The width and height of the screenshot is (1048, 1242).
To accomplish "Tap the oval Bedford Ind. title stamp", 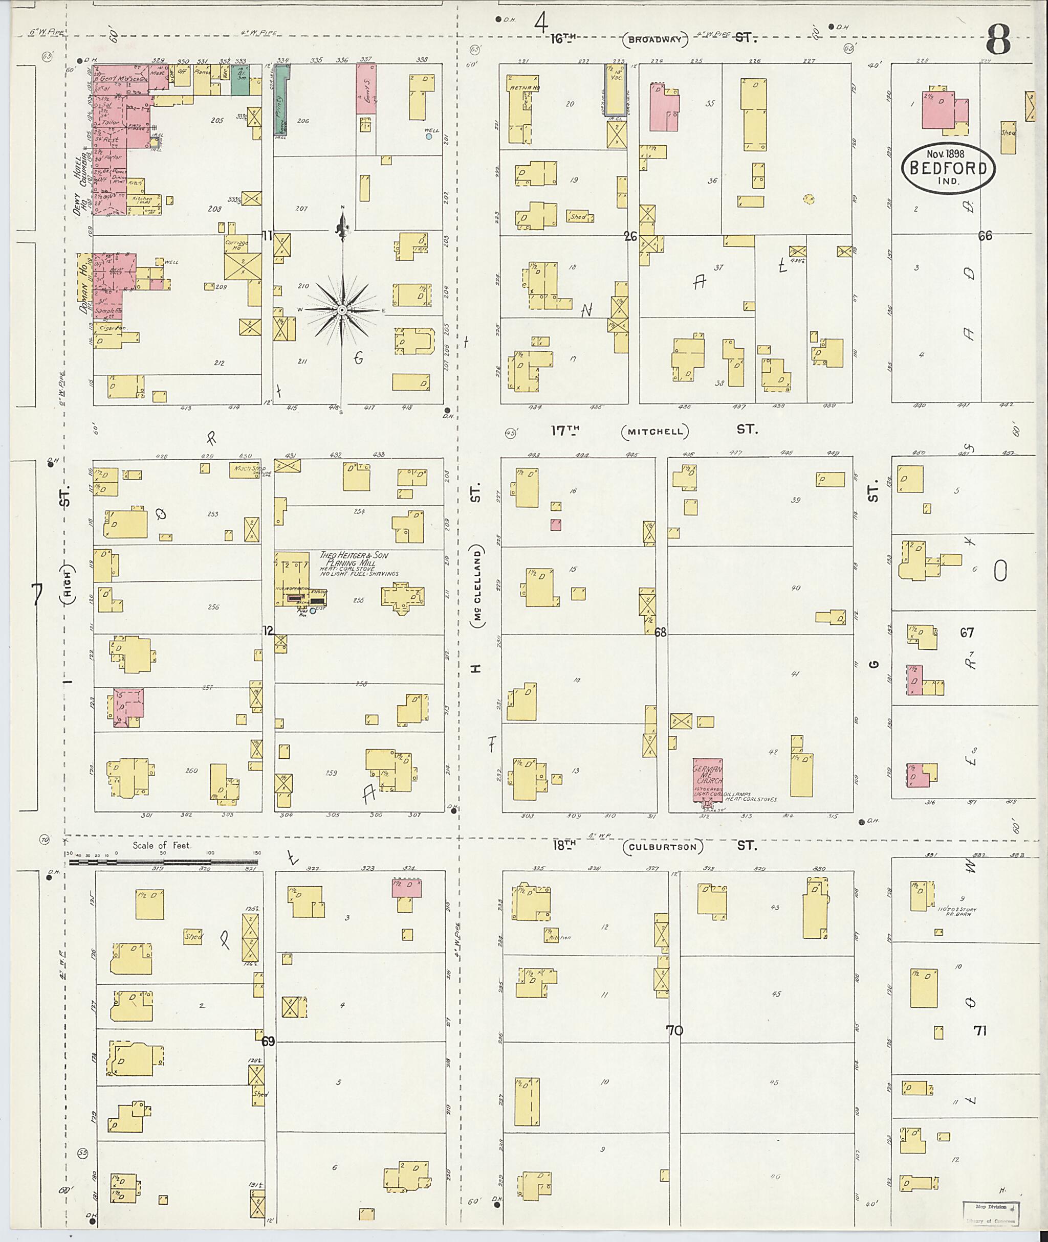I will (948, 168).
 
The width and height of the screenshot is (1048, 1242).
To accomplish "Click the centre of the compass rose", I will (342, 310).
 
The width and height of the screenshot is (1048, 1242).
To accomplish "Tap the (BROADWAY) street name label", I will (656, 41).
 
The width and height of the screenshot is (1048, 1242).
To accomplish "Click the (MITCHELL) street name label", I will (656, 432).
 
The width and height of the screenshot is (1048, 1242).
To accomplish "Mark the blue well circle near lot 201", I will (428, 137).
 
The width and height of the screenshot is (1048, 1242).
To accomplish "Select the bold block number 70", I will (675, 1031).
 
